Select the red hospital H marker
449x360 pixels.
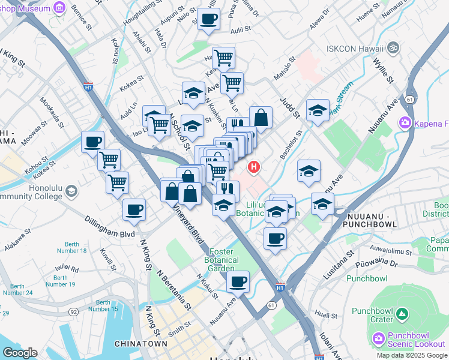pyautogui.click(x=254, y=167)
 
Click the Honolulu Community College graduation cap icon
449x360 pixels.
pyautogui.click(x=71, y=191)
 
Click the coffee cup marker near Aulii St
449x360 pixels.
pyautogui.click(x=209, y=20)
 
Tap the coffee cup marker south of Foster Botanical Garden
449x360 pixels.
pyautogui.click(x=238, y=281)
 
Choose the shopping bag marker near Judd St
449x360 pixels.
pyautogui.click(x=261, y=118)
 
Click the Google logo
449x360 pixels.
pyautogui.click(x=20, y=353)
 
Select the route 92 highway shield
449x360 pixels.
pyautogui.click(x=73, y=312)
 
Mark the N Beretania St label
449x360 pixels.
pyautogui.click(x=174, y=289)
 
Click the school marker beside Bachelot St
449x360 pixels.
pyautogui.click(x=309, y=170)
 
